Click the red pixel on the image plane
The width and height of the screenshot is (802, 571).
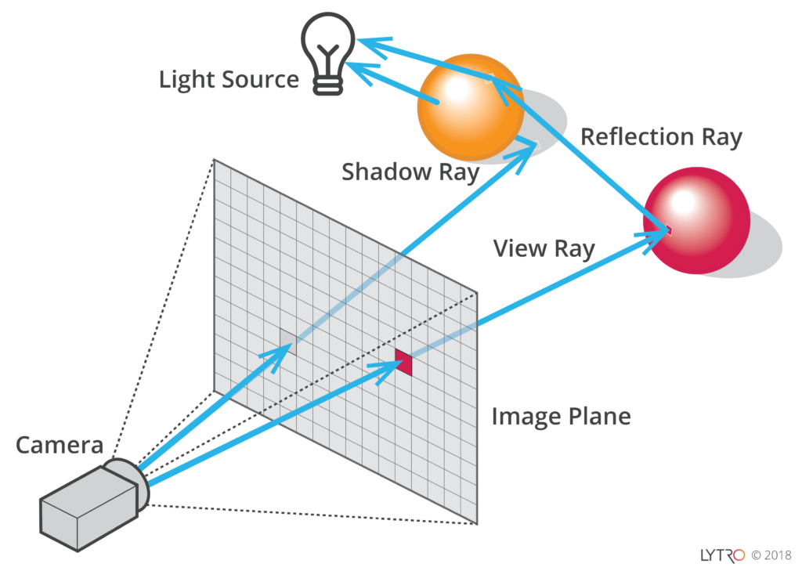pyautogui.click(x=403, y=361)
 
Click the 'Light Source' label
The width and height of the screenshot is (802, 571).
pyautogui.click(x=229, y=80)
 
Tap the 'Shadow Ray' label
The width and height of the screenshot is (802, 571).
pyautogui.click(x=410, y=172)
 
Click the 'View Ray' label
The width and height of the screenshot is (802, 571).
pyautogui.click(x=544, y=248)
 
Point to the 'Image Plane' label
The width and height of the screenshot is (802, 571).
pyautogui.click(x=561, y=416)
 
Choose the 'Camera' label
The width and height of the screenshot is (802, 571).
pyautogui.click(x=60, y=445)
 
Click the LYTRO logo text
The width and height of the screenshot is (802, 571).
pyautogui.click(x=722, y=555)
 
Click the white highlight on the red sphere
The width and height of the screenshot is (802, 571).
pyautogui.click(x=682, y=201)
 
